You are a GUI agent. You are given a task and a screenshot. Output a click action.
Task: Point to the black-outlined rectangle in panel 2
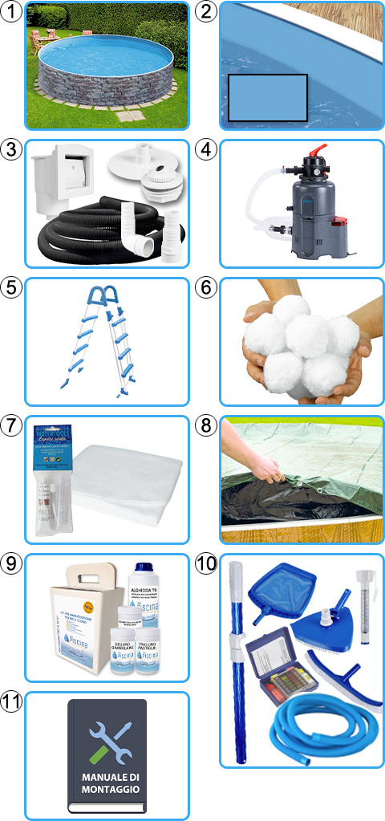268,98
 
